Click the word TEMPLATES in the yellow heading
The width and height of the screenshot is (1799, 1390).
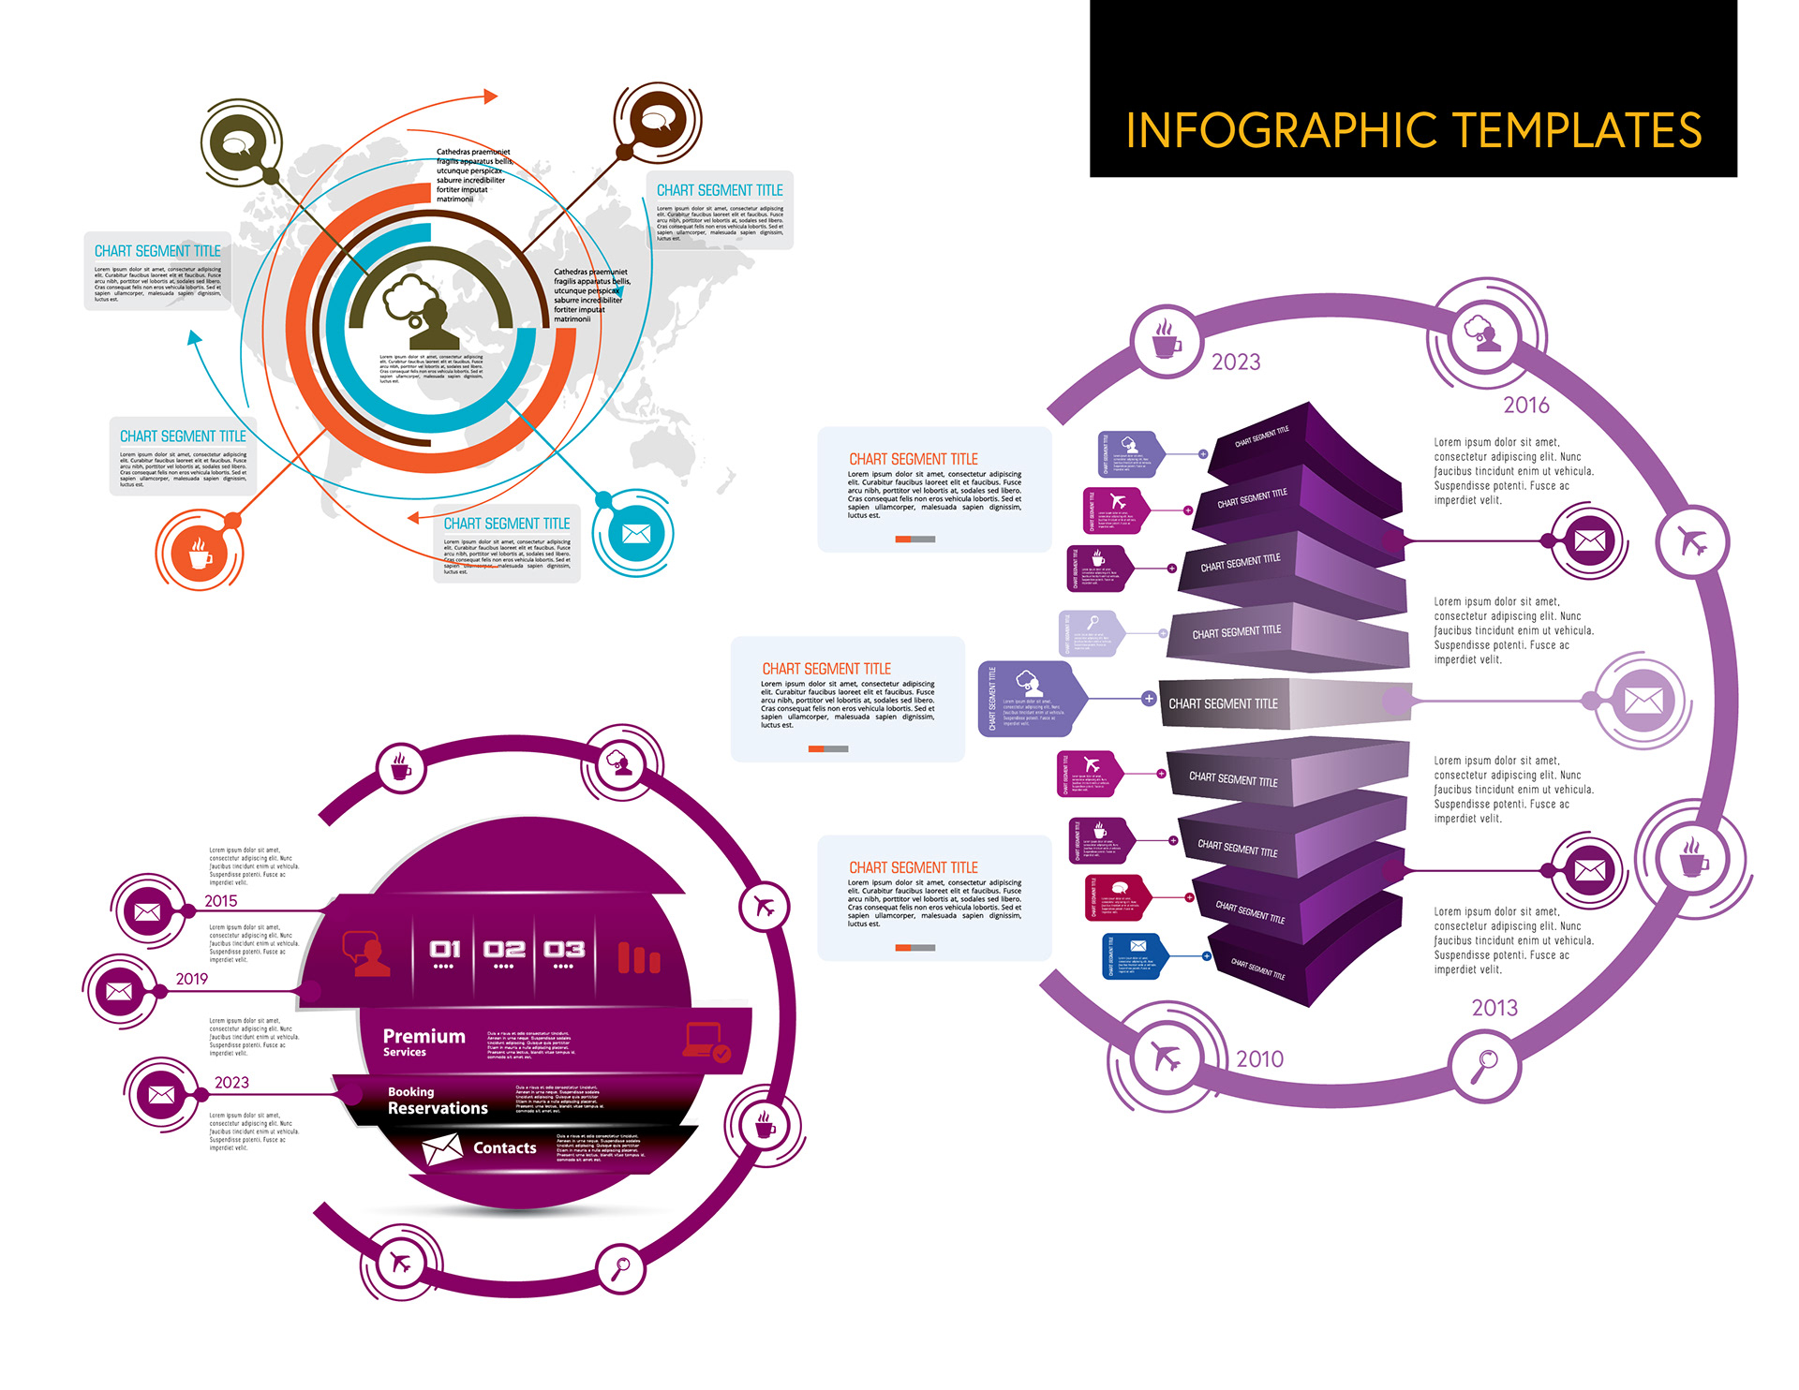pyautogui.click(x=1577, y=130)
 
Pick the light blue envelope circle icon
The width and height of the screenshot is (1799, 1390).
pyautogui.click(x=635, y=533)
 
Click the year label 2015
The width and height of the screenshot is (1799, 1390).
pyautogui.click(x=221, y=901)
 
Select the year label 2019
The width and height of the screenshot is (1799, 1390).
pyautogui.click(x=192, y=979)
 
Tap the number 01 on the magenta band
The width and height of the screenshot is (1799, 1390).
pyautogui.click(x=445, y=950)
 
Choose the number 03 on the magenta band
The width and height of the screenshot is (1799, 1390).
pyautogui.click(x=564, y=950)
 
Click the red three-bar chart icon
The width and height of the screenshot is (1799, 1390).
pyautogui.click(x=639, y=957)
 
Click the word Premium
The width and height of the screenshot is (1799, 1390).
pyautogui.click(x=424, y=1036)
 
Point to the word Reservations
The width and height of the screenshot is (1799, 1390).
pyautogui.click(x=438, y=1108)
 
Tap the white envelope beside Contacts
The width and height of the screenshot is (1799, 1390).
pyautogui.click(x=441, y=1148)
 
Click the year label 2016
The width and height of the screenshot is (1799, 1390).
pyautogui.click(x=1526, y=405)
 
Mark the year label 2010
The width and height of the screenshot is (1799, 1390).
pyautogui.click(x=1259, y=1058)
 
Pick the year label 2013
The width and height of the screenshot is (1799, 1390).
pyautogui.click(x=1494, y=1008)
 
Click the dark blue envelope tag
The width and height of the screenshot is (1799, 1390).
pyautogui.click(x=1135, y=955)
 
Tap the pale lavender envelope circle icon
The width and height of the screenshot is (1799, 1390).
pyautogui.click(x=1643, y=700)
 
